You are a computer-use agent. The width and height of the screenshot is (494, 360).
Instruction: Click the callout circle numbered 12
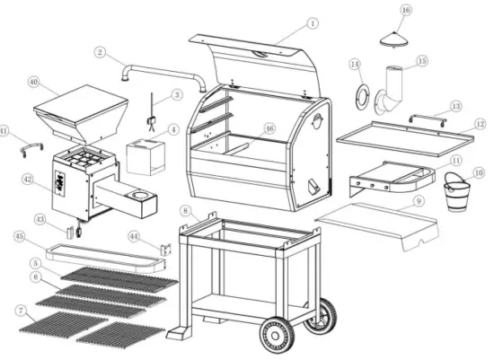tap(481, 124)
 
